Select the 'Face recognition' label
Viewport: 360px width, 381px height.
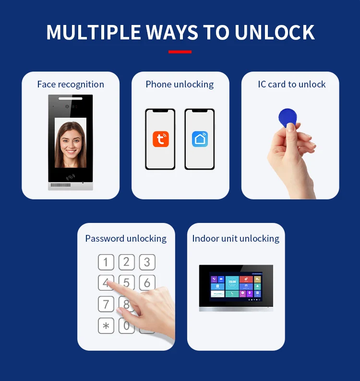point(71,85)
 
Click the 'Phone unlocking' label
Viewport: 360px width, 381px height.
point(180,85)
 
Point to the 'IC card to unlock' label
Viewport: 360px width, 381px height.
point(292,85)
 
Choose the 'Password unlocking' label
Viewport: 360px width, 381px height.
point(126,239)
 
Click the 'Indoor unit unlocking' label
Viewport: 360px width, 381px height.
point(236,239)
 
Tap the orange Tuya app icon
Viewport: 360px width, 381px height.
point(161,139)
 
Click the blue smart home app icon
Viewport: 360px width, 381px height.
point(200,139)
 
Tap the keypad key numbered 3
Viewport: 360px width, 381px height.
point(147,262)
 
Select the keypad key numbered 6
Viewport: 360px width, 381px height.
point(147,283)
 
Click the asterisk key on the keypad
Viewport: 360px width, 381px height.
point(106,326)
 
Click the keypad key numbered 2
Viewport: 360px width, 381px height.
point(127,262)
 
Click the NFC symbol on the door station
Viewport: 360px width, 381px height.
point(71,176)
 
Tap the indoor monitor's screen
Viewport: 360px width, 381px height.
point(236,286)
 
